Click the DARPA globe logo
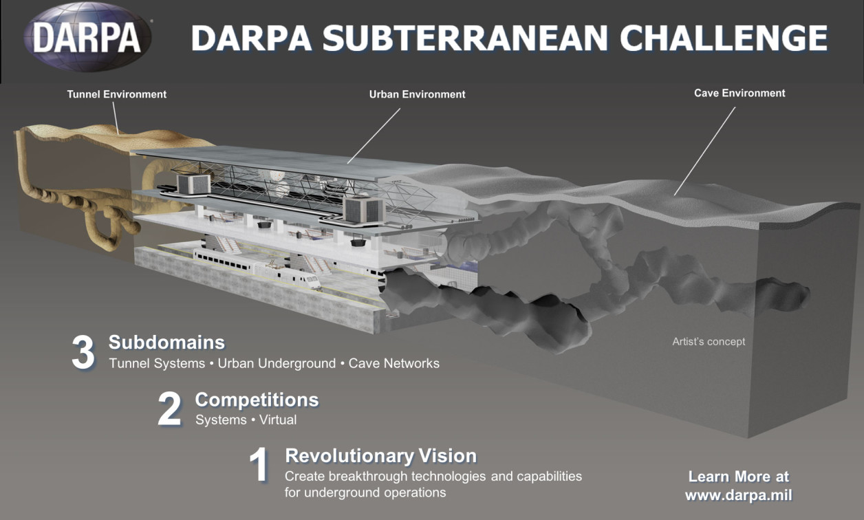tap(87, 37)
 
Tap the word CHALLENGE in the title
tap(724, 38)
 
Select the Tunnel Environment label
tap(117, 94)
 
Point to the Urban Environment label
tap(418, 94)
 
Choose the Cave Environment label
tap(739, 94)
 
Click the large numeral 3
tap(83, 352)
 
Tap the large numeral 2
tap(169, 409)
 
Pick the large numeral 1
tap(259, 464)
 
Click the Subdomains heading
tap(166, 342)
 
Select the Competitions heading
tap(257, 400)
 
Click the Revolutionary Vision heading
tap(381, 455)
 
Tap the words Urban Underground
tap(277, 363)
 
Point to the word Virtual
tap(278, 420)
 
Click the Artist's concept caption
tap(709, 342)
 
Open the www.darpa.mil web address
tap(739, 495)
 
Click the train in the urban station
tap(257, 268)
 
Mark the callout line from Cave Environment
tap(704, 151)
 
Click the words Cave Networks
tap(393, 363)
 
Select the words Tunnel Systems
tap(157, 363)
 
